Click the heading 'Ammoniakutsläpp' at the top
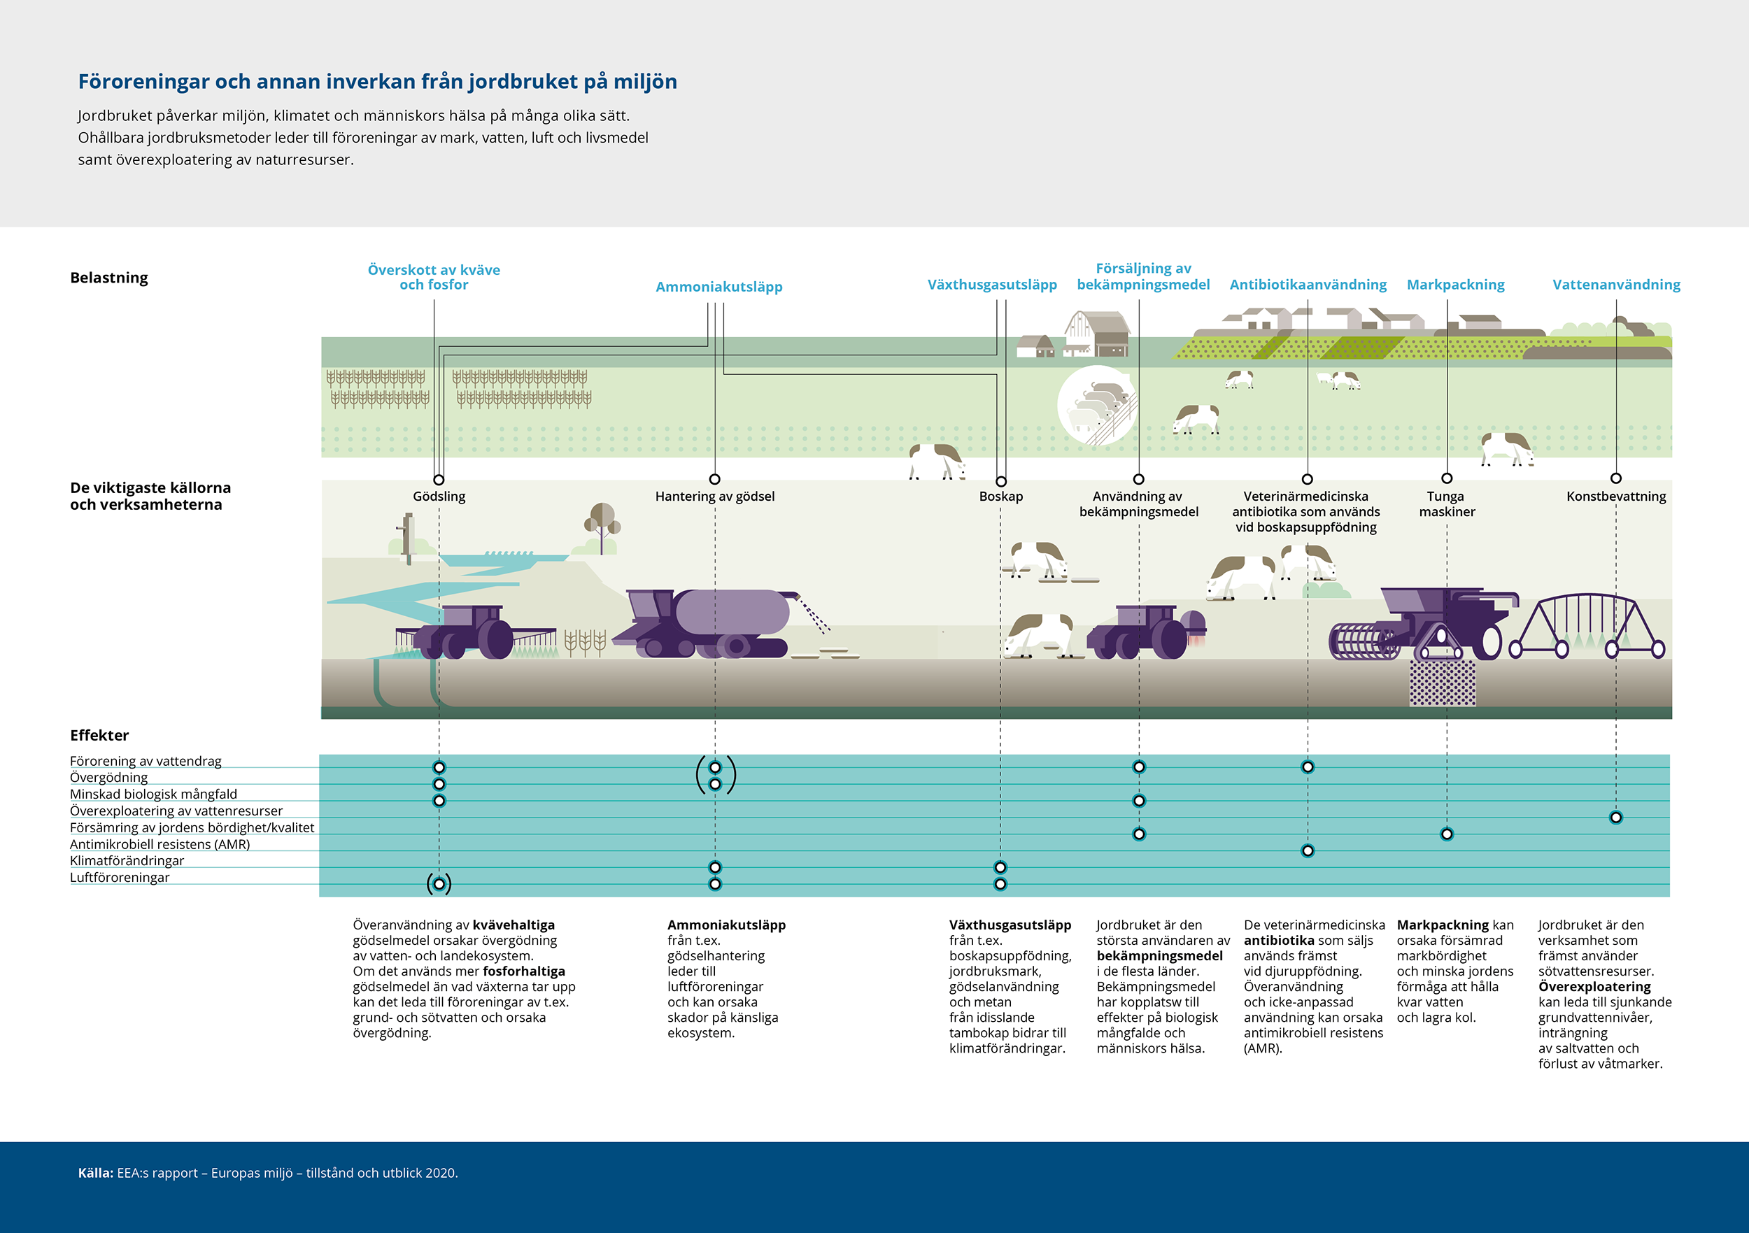(x=719, y=287)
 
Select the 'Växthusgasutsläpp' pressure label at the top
(x=992, y=285)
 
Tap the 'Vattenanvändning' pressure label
(x=1617, y=285)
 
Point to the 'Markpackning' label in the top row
(x=1456, y=285)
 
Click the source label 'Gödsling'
(x=439, y=497)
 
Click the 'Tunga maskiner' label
(x=1447, y=504)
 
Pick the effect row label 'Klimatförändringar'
(x=127, y=861)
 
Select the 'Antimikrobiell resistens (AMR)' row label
(x=160, y=844)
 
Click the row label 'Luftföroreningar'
(x=120, y=877)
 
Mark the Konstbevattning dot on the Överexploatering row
(x=1615, y=817)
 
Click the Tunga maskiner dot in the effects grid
(x=1447, y=834)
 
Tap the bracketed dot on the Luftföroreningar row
(x=439, y=884)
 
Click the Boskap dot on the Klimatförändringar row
(x=1000, y=867)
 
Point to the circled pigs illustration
(x=1097, y=405)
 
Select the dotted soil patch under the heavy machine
(x=1442, y=683)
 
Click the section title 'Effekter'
(x=99, y=736)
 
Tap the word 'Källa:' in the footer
(x=95, y=1173)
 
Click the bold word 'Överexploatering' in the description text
(x=1594, y=987)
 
